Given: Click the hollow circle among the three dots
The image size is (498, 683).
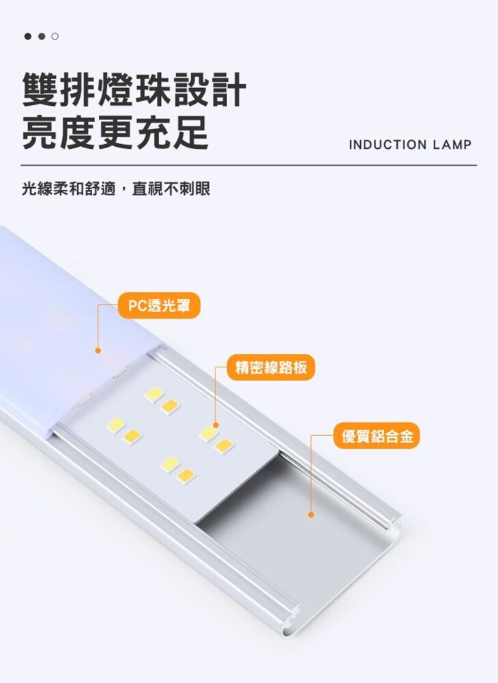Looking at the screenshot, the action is point(55,36).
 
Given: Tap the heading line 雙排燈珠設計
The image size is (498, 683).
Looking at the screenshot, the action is point(134,91).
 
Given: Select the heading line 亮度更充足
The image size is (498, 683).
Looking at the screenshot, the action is point(115,132).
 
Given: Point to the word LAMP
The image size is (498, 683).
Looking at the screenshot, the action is point(452,145).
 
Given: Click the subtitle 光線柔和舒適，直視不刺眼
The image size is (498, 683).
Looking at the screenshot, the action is point(116,189).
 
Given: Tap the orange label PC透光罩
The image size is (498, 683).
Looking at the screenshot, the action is point(159,305).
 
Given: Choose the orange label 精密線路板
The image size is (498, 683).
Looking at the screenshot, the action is point(271,367).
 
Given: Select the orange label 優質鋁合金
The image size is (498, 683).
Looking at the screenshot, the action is point(377,435).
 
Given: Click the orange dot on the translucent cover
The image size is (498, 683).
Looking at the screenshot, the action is point(98,350).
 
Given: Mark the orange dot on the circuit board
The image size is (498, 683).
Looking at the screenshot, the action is point(216,425).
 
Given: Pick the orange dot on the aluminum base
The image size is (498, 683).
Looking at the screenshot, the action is point(310,514).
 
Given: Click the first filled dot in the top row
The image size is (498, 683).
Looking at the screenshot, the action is point(28,36).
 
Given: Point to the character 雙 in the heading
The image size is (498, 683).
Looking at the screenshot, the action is point(40,91).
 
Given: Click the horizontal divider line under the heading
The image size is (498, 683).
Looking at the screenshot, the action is point(249,165).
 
